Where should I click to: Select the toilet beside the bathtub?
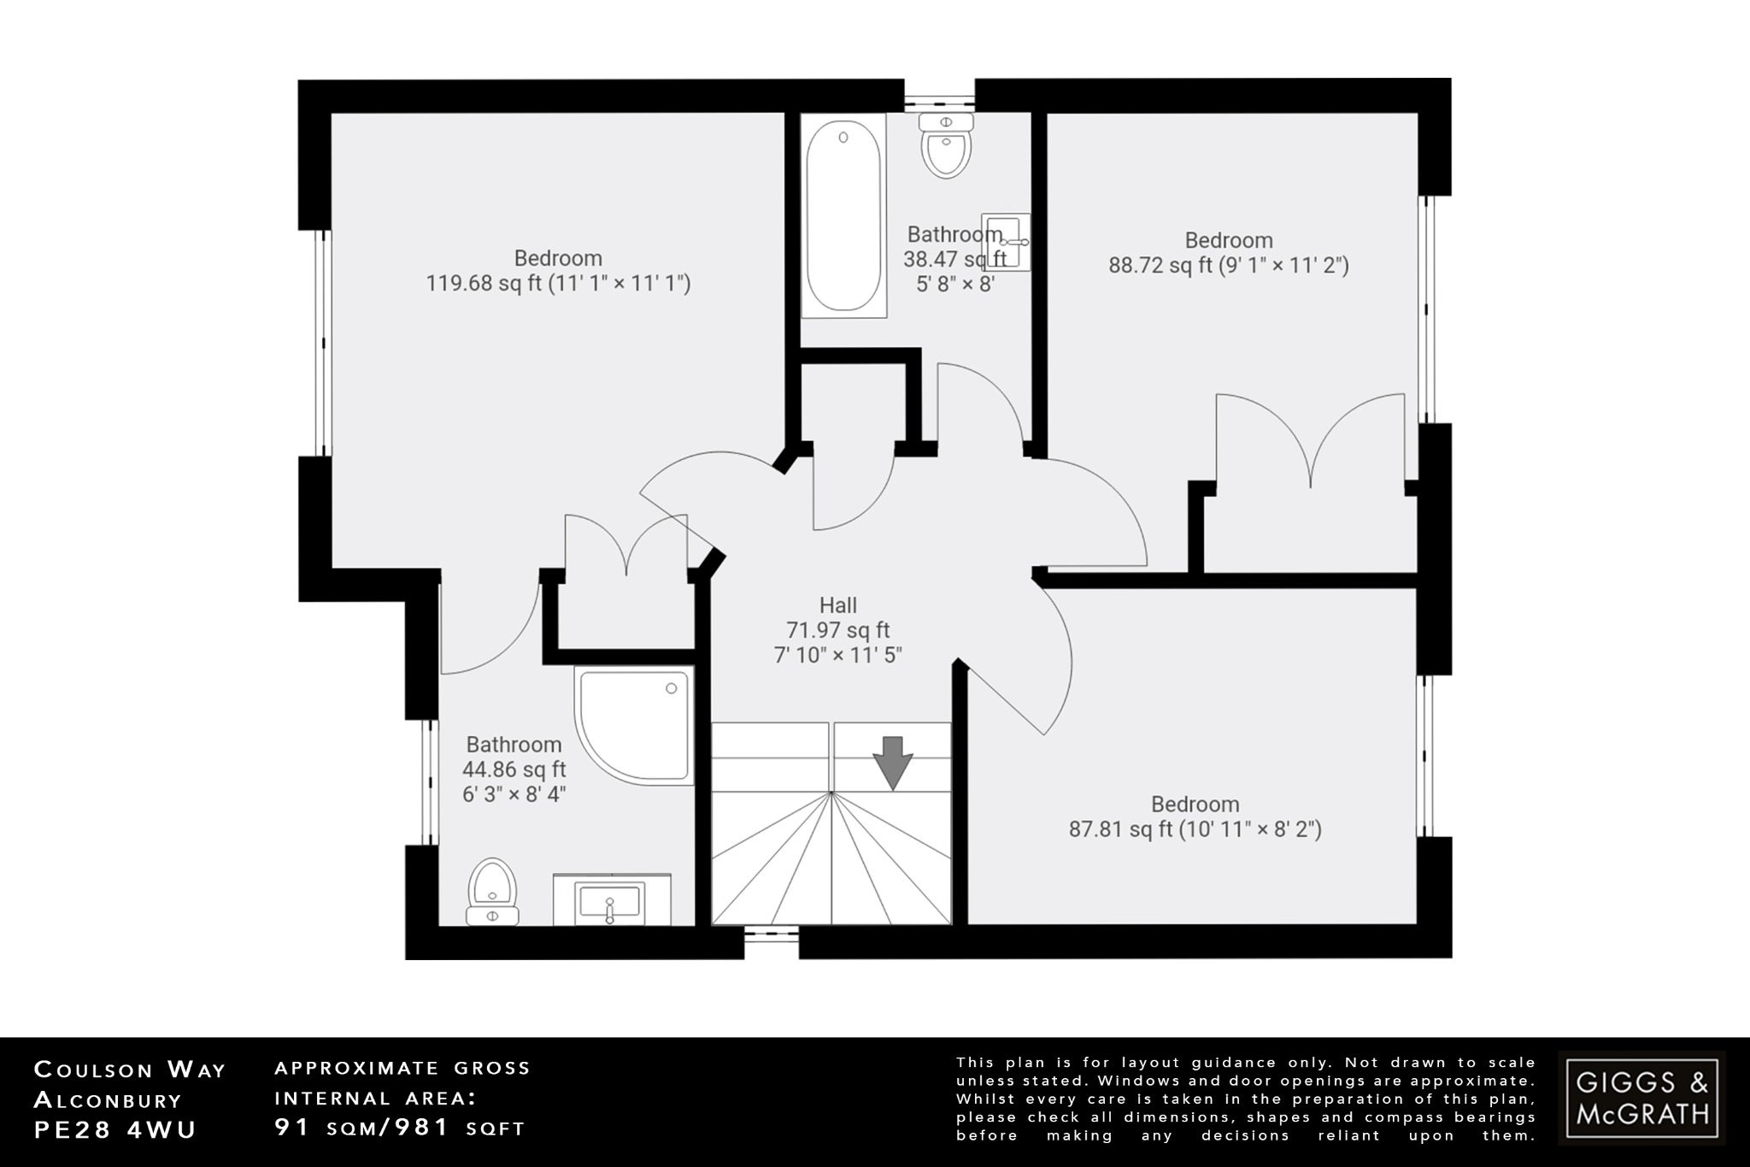(946, 147)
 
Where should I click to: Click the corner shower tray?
(633, 725)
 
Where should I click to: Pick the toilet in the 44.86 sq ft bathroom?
(493, 892)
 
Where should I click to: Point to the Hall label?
(837, 605)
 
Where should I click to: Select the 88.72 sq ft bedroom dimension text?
(1229, 265)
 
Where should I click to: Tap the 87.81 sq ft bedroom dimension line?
(1195, 828)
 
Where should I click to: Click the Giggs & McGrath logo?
(1641, 1098)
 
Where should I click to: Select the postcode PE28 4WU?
(115, 1129)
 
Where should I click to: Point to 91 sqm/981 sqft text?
(399, 1128)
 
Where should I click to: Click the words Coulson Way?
(130, 1070)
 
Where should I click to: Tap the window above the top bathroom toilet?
(939, 96)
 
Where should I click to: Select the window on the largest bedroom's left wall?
(322, 343)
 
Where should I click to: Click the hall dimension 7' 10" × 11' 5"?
(837, 655)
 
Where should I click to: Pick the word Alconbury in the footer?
(108, 1099)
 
